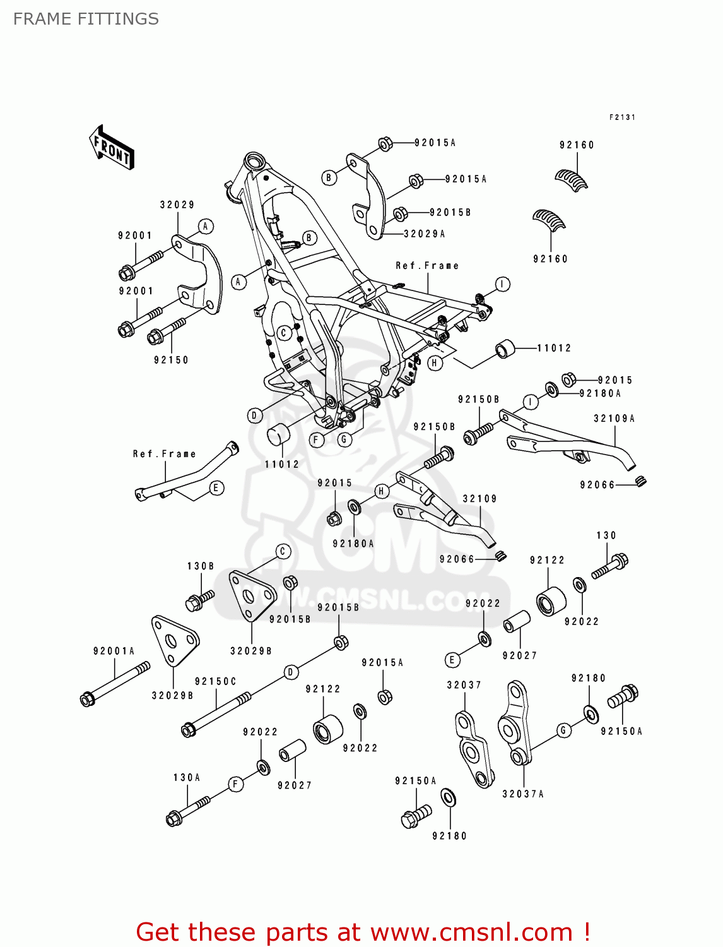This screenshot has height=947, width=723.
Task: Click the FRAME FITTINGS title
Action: point(86,19)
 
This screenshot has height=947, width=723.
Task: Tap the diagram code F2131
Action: point(621,117)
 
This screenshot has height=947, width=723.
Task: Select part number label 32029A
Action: point(424,234)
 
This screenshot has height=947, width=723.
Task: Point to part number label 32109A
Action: point(613,419)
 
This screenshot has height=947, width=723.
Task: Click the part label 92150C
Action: point(215,681)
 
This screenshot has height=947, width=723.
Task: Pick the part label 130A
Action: point(186,778)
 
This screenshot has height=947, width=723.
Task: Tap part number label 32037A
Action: point(522,794)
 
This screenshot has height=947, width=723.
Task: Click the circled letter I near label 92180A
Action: point(531,402)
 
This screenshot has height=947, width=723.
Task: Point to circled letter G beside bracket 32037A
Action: point(563,730)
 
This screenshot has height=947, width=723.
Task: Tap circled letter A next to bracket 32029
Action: point(205,227)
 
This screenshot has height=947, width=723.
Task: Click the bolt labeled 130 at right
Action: point(610,566)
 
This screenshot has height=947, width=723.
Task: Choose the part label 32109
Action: point(479,499)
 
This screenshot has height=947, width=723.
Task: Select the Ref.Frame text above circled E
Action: point(164,454)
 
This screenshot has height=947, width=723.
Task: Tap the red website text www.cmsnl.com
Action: point(471,932)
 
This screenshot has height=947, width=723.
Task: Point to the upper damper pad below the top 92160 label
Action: point(572,178)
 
